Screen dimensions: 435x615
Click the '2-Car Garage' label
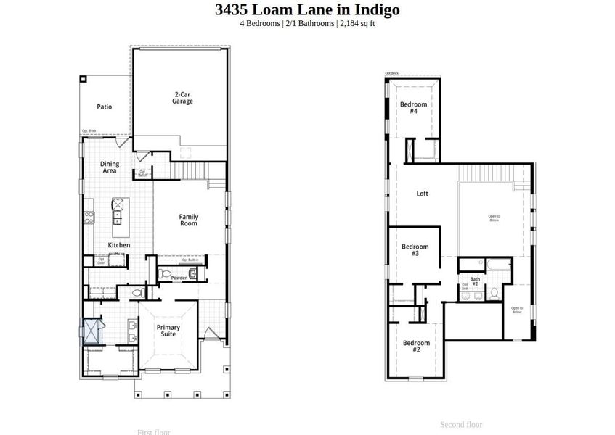[182, 98]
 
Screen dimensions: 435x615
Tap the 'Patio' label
[105, 107]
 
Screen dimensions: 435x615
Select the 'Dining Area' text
[110, 167]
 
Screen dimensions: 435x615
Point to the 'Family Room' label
[189, 220]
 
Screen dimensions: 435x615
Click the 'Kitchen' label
[119, 245]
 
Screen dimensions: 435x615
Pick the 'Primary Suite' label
[168, 331]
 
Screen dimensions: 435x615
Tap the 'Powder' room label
[179, 278]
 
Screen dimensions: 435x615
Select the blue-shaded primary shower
[92, 332]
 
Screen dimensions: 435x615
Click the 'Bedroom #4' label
[413, 107]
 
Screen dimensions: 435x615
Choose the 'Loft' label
[422, 194]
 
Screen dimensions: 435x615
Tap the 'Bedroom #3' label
[415, 250]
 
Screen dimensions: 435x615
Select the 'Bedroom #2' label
[416, 347]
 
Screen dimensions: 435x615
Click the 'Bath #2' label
[475, 281]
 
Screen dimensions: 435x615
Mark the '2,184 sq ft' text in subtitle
[357, 23]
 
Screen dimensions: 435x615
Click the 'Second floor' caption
[461, 425]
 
